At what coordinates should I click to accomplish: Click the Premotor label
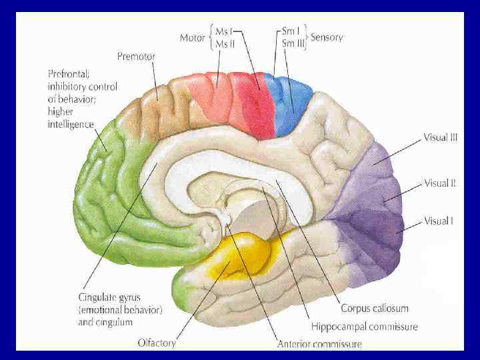click(136, 57)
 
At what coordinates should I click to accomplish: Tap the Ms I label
click(224, 31)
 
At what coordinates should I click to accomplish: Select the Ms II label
click(225, 43)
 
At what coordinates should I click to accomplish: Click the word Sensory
click(327, 37)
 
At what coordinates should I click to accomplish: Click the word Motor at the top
click(193, 37)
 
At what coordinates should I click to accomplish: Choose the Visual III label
click(440, 138)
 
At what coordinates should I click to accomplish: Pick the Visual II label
click(439, 183)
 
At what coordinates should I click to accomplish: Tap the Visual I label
click(438, 220)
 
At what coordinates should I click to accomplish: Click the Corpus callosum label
click(374, 309)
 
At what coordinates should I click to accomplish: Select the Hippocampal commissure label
click(364, 327)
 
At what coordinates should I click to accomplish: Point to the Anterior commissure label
click(319, 344)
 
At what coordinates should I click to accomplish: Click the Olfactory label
click(157, 343)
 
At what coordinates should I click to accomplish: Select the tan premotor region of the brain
click(160, 107)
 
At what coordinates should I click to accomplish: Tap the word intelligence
click(71, 125)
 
